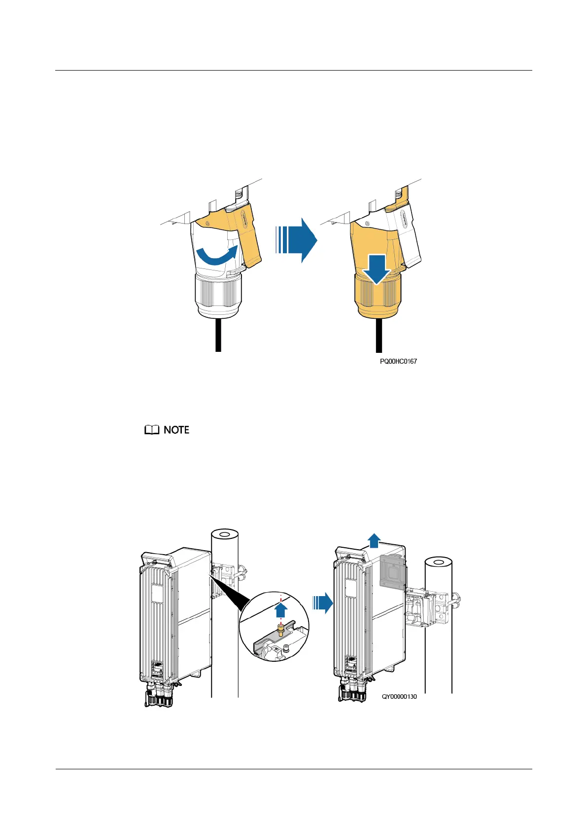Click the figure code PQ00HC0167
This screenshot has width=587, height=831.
(x=398, y=361)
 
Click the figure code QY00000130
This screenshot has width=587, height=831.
(x=399, y=696)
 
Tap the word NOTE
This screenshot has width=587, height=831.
(x=176, y=430)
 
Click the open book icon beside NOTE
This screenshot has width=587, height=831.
(x=152, y=430)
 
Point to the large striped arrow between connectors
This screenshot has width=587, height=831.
(x=296, y=240)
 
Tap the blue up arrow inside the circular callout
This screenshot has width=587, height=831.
(x=281, y=610)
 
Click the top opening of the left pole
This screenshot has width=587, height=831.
(x=225, y=534)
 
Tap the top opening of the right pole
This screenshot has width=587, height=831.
(x=439, y=563)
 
